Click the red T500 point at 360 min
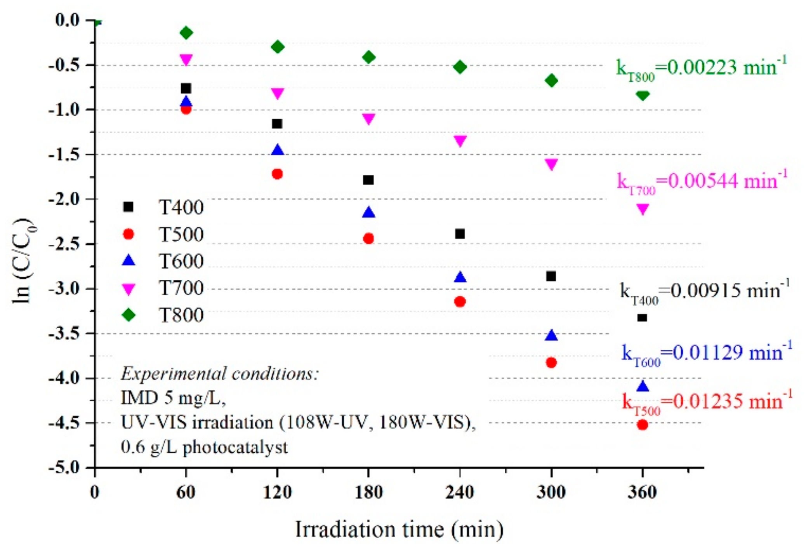tap(642, 425)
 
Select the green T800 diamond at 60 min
tap(186, 33)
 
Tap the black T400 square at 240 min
tap(460, 234)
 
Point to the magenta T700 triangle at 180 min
tap(368, 119)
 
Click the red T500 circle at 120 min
tap(277, 174)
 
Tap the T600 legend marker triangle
tap(129, 261)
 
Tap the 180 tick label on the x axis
tap(368, 493)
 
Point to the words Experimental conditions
tap(220, 374)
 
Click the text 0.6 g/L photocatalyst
tap(204, 448)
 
